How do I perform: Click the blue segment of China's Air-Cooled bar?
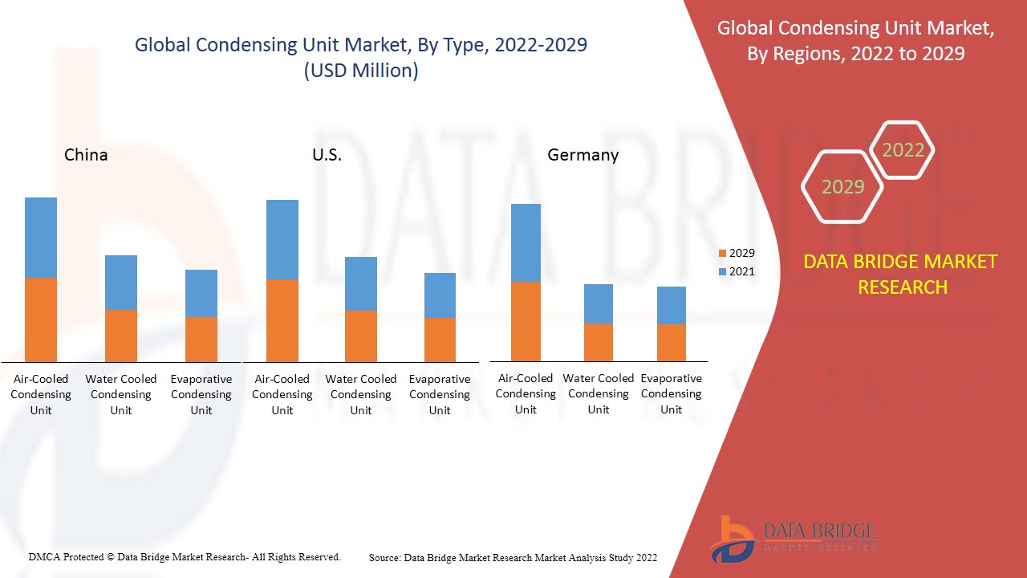click(x=41, y=238)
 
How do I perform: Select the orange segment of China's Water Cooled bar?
click(x=121, y=336)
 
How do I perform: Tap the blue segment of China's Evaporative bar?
click(x=201, y=293)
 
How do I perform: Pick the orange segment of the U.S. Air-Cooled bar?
click(x=282, y=320)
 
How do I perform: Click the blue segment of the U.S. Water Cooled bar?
click(x=361, y=283)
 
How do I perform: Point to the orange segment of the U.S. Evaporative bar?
click(x=440, y=340)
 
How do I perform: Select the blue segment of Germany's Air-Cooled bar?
click(x=526, y=242)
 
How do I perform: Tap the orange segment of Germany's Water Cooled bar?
click(x=599, y=342)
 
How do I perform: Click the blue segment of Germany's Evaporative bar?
click(x=672, y=305)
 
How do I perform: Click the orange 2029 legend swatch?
click(x=722, y=254)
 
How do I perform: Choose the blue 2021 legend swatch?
click(x=722, y=272)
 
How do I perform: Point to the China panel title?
click(x=86, y=155)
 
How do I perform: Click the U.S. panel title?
click(x=327, y=155)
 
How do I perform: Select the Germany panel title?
click(x=583, y=155)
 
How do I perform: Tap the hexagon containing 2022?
click(x=903, y=150)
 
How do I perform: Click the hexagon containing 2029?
click(x=842, y=187)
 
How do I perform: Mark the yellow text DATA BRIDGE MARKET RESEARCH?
click(x=902, y=274)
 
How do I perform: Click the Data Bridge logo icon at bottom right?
click(x=731, y=537)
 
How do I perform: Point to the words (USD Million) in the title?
click(x=361, y=71)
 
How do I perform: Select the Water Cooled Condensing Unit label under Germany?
click(x=599, y=393)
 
